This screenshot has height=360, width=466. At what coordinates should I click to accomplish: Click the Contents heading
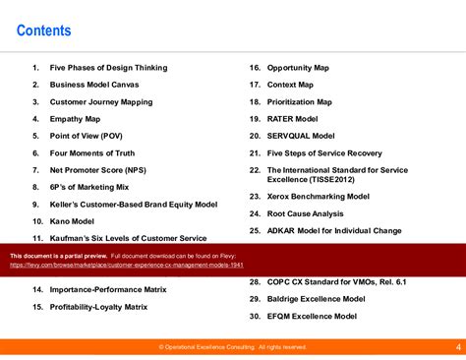[44, 31]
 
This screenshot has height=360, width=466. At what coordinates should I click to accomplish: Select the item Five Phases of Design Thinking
[108, 68]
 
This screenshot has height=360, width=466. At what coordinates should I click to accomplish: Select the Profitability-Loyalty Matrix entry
[102, 307]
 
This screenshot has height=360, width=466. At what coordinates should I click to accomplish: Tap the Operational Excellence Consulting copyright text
[232, 347]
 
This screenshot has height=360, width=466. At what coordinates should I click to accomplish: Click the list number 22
[254, 170]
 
